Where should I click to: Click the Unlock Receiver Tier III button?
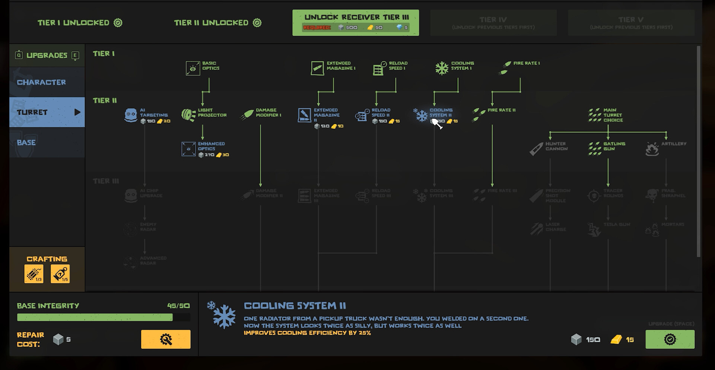[356, 22]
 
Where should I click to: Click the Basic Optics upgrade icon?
[193, 68]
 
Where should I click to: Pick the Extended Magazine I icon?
[317, 68]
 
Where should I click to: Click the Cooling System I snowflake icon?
[442, 68]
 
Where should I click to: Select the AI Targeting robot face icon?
[131, 115]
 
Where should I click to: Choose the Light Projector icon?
[188, 115]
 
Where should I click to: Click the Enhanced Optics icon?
[188, 149]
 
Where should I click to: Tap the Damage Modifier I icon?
[247, 115]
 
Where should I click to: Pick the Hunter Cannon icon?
[536, 149]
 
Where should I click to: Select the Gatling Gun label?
[614, 146]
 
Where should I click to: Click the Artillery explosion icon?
[652, 149]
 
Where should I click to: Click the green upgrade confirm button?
[670, 339]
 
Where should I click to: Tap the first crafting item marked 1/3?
[34, 274]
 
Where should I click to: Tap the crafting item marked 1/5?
[60, 274]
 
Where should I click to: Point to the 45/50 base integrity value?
[178, 306]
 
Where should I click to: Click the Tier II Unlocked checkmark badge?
[257, 23]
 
